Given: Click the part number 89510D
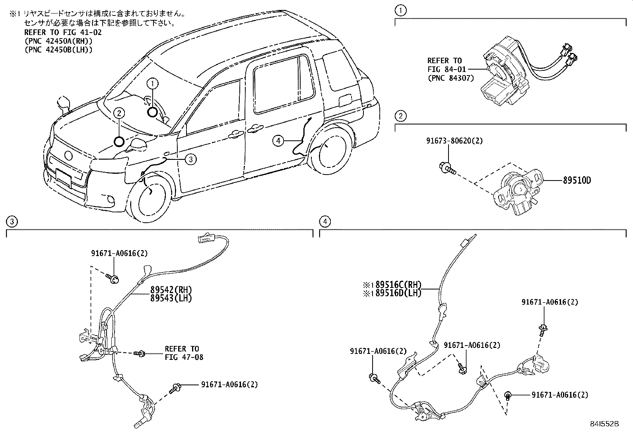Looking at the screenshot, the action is click(577, 181).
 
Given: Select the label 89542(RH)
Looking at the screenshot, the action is click(171, 290).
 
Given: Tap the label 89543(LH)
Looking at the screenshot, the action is click(171, 298).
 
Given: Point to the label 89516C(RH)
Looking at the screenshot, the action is click(398, 285).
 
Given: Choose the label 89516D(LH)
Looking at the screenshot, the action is click(398, 293).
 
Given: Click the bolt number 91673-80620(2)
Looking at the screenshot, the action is click(454, 141).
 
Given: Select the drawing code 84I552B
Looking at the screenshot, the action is click(604, 424).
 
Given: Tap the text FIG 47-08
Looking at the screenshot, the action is click(184, 357).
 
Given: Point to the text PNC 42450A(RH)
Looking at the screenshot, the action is click(58, 41).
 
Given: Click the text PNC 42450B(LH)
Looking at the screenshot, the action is click(58, 50).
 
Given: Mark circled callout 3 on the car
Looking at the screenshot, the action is click(190, 159).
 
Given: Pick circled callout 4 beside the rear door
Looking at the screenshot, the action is click(278, 140).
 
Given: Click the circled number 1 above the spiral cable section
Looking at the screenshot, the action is click(400, 11).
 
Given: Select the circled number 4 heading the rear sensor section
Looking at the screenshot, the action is click(325, 221).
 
